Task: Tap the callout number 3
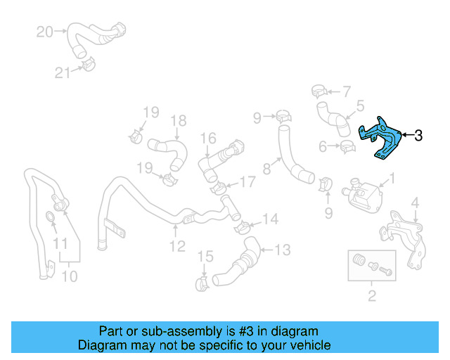(x=418, y=135)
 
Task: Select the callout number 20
(x=44, y=32)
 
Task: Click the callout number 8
(x=266, y=169)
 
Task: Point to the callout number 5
(x=359, y=106)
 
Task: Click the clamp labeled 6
(x=347, y=147)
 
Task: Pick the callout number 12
(x=176, y=246)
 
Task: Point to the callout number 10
(x=69, y=276)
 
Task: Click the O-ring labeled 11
(x=54, y=216)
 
